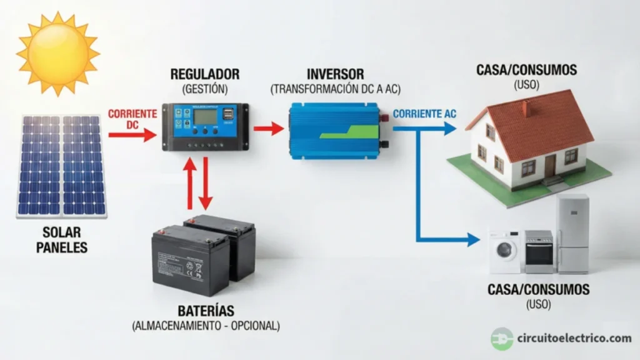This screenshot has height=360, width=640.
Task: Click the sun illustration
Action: pyautogui.click(x=57, y=53)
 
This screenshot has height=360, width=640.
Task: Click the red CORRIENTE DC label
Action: pyautogui.click(x=132, y=119)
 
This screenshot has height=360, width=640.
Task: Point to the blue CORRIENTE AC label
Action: pyautogui.click(x=425, y=114)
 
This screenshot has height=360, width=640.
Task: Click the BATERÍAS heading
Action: pyautogui.click(x=206, y=311)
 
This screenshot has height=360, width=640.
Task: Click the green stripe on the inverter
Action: pyautogui.click(x=350, y=132)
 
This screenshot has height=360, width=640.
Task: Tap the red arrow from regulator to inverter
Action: pyautogui.click(x=268, y=129)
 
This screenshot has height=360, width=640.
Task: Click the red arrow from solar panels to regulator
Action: pyautogui.click(x=132, y=134)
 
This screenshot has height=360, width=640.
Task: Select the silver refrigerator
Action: pyautogui.click(x=572, y=232)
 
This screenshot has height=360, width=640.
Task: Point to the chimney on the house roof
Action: pyautogui.click(x=526, y=107)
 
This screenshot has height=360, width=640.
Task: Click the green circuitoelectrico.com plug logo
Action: pyautogui.click(x=501, y=339)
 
